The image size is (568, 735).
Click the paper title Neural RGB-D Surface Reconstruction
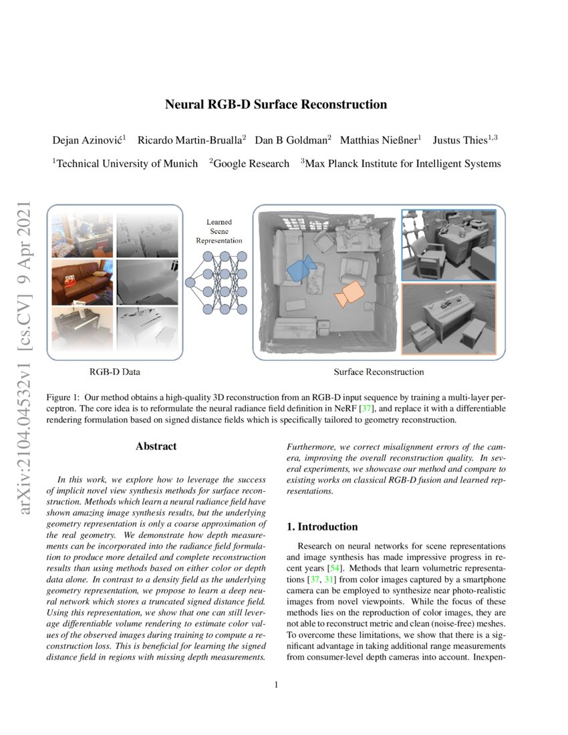(276, 104)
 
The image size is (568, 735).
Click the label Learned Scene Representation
(224, 231)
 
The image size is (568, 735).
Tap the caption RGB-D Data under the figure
(115, 372)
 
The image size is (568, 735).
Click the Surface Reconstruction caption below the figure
(378, 372)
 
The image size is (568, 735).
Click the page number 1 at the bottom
(276, 684)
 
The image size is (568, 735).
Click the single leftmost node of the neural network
(190, 282)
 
